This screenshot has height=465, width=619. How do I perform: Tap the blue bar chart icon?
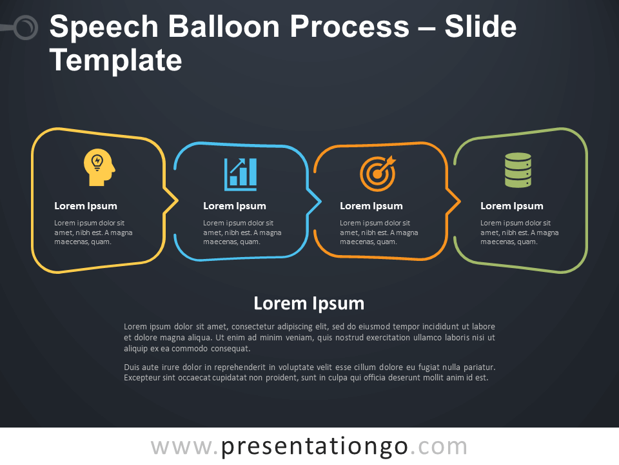241,174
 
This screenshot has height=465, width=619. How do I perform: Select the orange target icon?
378,173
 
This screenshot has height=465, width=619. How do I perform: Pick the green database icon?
518,170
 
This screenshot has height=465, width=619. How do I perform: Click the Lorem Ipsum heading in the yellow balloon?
86,206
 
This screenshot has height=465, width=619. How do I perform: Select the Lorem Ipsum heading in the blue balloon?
235,206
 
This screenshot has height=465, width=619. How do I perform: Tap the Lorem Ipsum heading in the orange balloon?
371,206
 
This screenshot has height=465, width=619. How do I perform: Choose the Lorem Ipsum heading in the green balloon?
511,206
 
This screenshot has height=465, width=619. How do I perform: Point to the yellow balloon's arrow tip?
178,201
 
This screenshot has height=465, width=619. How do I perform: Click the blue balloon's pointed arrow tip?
320,201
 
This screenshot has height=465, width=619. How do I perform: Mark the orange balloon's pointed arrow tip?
460,201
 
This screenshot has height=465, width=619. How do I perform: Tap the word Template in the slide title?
115,61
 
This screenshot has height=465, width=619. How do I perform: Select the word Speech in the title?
104,28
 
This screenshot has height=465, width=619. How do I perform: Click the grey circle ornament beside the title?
26,27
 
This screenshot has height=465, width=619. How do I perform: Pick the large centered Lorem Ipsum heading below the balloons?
309,304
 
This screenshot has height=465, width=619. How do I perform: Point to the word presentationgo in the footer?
314,446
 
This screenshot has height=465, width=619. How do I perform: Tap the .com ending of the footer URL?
438,447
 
